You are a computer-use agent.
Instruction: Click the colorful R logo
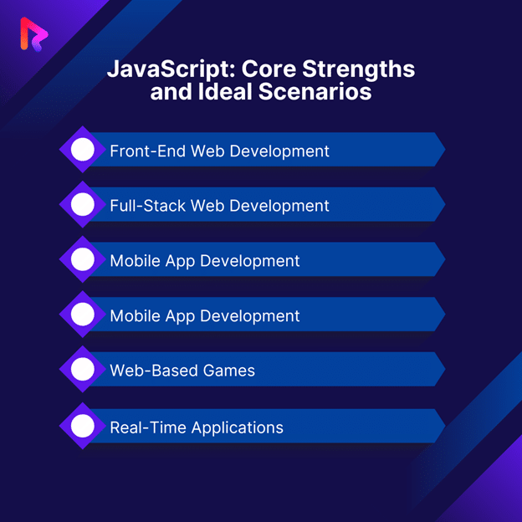coord(34,34)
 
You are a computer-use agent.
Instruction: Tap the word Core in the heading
coord(269,69)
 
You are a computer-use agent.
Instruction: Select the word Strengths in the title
coord(359,69)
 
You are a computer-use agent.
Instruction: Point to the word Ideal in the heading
coord(225,91)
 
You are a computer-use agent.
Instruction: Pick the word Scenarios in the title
coord(315,91)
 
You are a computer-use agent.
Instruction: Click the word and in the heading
coord(171,91)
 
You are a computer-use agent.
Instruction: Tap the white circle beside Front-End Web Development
coord(83,150)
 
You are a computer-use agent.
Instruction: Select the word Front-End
coord(148,151)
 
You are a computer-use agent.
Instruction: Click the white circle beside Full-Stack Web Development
coord(83,204)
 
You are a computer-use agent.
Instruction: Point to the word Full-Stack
coord(148,206)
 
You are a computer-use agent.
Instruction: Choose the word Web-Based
coord(154,371)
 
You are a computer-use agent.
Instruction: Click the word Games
coord(229,371)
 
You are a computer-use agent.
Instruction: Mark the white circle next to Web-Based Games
coord(83,369)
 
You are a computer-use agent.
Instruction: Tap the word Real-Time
coord(148,427)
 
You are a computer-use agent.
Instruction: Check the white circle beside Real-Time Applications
coord(83,426)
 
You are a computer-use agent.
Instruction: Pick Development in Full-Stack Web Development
coord(279,207)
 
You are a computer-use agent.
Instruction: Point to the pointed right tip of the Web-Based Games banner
coord(445,369)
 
